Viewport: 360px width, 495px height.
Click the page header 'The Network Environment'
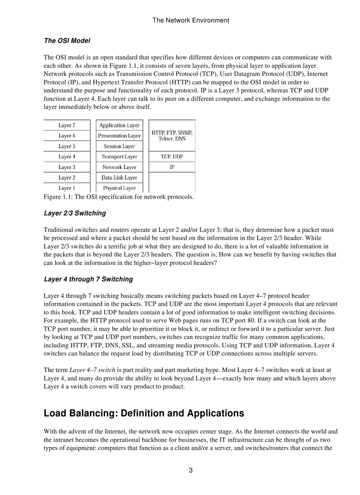coord(191,20)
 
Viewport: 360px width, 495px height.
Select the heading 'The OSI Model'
coord(67,41)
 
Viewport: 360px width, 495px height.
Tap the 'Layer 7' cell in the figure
coord(67,126)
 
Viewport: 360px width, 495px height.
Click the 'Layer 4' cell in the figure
coord(67,156)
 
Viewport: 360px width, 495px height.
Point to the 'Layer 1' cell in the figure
coord(67,188)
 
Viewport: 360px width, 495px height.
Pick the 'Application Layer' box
coord(119,126)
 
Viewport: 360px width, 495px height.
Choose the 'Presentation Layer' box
coord(119,136)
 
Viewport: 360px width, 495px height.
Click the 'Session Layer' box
coord(119,146)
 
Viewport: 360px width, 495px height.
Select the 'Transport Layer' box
coord(119,156)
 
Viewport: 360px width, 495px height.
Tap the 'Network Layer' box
coord(119,167)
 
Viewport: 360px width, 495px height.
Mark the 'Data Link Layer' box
coord(119,178)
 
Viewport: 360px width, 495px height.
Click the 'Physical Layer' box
coord(119,188)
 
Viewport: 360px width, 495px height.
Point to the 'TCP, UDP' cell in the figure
coord(172,156)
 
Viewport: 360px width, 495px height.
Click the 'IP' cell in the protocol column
coord(172,167)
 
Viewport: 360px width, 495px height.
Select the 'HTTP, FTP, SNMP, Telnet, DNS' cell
coord(172,135)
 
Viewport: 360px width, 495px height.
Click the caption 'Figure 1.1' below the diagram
coord(118,197)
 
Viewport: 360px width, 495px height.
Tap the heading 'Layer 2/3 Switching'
coord(75,213)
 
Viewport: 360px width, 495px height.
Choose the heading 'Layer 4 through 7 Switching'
coord(88,279)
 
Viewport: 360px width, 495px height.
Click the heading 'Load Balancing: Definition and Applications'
coord(144,413)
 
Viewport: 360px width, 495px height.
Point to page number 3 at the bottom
coord(191,470)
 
